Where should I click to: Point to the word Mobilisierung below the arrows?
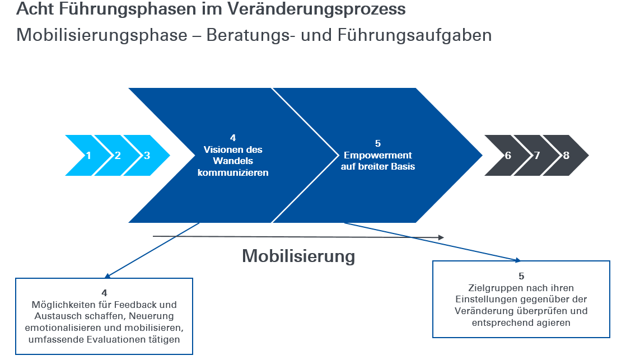tap(298, 256)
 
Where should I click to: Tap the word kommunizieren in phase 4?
tap(233, 172)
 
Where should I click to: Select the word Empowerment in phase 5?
tap(377, 155)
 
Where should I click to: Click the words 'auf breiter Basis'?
tap(378, 166)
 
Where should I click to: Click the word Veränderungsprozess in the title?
tap(317, 9)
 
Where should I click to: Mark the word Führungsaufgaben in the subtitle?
tap(414, 35)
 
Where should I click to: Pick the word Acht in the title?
tap(35, 9)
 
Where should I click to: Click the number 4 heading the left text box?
tap(105, 293)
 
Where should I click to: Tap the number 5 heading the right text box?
tap(521, 276)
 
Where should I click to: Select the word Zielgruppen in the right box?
tap(492, 288)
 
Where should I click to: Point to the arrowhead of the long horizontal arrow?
tap(441, 237)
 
